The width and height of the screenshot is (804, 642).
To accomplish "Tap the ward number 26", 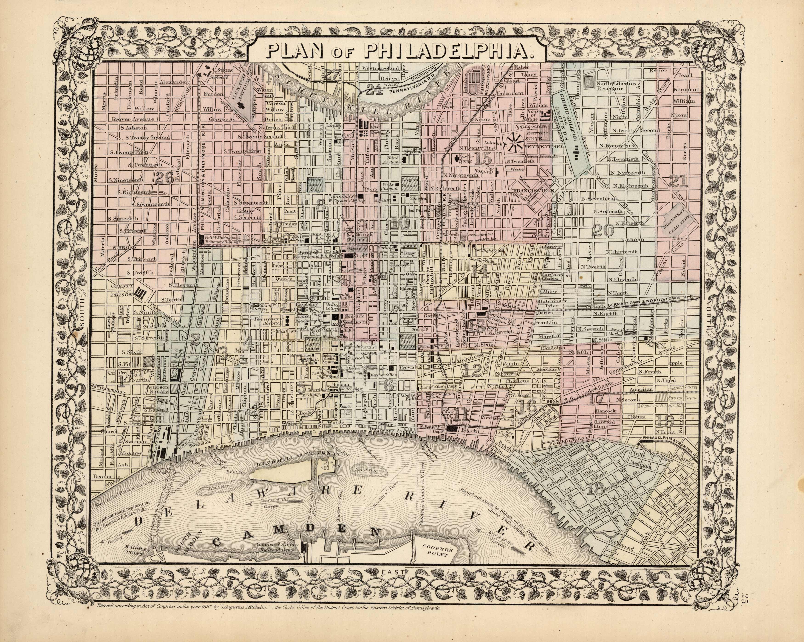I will pyautogui.click(x=164, y=178).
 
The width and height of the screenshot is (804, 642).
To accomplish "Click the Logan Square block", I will pyautogui.click(x=410, y=183).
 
